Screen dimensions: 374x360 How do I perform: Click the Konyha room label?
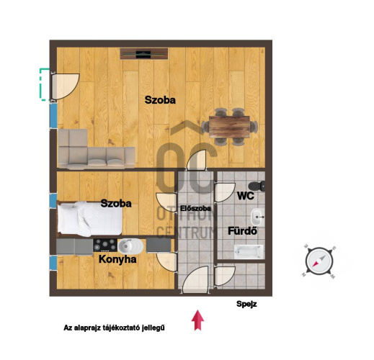click(x=117, y=260)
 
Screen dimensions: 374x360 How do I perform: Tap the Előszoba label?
click(x=195, y=208)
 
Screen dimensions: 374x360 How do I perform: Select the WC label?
click(x=245, y=196)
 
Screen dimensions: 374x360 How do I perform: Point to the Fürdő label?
click(x=242, y=231)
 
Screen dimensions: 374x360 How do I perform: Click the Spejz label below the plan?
click(x=246, y=304)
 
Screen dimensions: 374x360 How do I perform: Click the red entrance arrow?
click(x=197, y=320)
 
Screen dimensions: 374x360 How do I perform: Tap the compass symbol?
click(x=319, y=261)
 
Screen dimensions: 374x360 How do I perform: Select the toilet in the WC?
click(x=257, y=186)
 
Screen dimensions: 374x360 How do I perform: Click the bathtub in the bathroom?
click(x=249, y=252)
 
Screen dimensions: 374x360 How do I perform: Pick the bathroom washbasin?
click(x=257, y=217)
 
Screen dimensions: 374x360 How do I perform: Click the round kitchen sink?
click(x=131, y=246)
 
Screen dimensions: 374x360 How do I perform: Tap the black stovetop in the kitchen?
click(x=105, y=245)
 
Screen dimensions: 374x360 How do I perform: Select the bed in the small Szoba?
click(x=90, y=219)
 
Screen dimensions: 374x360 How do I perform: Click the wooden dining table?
click(x=229, y=127)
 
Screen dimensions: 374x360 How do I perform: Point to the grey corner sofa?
click(x=96, y=149)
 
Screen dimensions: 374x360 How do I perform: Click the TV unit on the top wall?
click(x=144, y=54)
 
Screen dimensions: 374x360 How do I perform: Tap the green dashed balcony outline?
click(x=44, y=84)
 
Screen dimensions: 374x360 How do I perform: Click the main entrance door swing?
click(x=195, y=279)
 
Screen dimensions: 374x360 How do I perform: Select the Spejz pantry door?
click(x=225, y=276)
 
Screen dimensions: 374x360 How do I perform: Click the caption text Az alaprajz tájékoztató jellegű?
click(x=114, y=328)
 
